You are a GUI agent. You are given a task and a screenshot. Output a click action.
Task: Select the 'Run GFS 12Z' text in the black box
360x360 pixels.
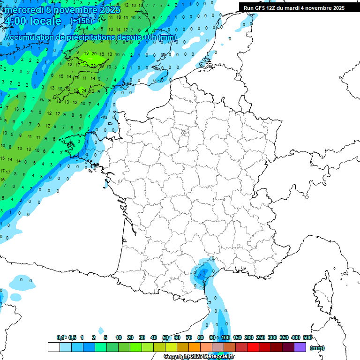pyautogui.click(x=262, y=8)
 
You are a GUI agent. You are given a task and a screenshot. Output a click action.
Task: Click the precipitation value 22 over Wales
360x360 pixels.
pyautogui.click(x=93, y=66)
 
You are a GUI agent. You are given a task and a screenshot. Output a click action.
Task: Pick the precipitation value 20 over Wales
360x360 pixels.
pyautogui.click(x=94, y=54)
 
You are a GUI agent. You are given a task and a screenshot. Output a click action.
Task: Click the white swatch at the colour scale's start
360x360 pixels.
pyautogui.click(x=54, y=347)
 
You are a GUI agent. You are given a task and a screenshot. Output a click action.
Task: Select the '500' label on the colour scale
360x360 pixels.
pyautogui.click(x=307, y=337)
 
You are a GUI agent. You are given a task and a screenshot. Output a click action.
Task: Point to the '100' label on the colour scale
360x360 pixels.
pyautogui.click(x=225, y=337)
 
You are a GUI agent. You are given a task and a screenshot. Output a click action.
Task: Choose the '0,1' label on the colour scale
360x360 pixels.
pyautogui.click(x=60, y=337)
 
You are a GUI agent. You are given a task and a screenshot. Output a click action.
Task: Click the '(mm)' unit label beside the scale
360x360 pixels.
pyautogui.click(x=317, y=348)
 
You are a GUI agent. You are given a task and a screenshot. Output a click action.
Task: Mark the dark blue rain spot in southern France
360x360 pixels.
pyautogui.click(x=202, y=272)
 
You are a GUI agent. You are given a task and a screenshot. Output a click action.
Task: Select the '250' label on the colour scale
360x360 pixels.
pyautogui.click(x=261, y=337)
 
